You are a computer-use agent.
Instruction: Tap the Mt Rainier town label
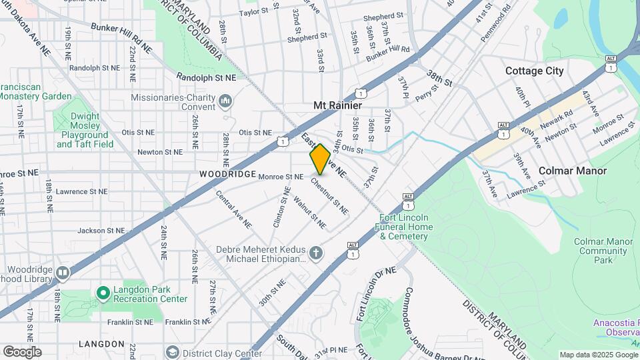click(x=337, y=106)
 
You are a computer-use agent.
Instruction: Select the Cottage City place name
click(x=534, y=71)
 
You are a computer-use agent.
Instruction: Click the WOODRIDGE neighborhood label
click(x=227, y=174)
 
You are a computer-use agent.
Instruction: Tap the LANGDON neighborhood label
click(x=101, y=344)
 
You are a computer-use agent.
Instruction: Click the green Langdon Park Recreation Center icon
click(x=103, y=293)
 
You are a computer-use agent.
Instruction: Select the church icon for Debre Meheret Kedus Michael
click(x=316, y=253)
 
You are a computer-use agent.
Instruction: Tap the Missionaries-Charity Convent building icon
click(x=225, y=101)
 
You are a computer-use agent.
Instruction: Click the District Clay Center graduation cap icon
click(x=173, y=353)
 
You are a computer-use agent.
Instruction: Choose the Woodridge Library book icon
click(x=63, y=273)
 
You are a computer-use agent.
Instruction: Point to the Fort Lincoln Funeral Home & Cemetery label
click(x=406, y=227)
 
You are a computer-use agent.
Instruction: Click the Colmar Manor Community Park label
click(x=603, y=251)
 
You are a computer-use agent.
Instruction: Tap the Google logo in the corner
click(x=22, y=351)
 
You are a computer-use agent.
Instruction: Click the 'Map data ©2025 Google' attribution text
click(x=598, y=355)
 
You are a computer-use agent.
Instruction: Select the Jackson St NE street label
click(x=101, y=231)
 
